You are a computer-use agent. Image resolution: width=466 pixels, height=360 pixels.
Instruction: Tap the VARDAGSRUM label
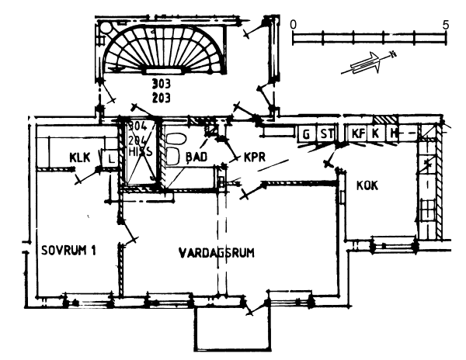[217, 253]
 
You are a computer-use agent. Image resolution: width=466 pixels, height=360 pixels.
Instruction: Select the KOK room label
[367, 185]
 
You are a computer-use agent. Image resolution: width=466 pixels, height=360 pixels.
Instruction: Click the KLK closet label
[80, 157]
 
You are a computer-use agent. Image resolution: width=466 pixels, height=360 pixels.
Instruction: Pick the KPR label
[256, 157]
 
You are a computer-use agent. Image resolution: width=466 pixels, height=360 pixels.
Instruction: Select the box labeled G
[306, 134]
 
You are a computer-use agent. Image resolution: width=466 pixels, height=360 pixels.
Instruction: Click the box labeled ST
[326, 134]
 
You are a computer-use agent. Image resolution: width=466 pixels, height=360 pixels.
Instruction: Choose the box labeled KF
[356, 134]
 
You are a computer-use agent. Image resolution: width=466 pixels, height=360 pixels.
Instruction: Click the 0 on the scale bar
[293, 24]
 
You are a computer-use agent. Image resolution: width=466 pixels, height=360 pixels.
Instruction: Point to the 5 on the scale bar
[445, 24]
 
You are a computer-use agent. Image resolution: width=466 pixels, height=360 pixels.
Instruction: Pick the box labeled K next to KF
[375, 134]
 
